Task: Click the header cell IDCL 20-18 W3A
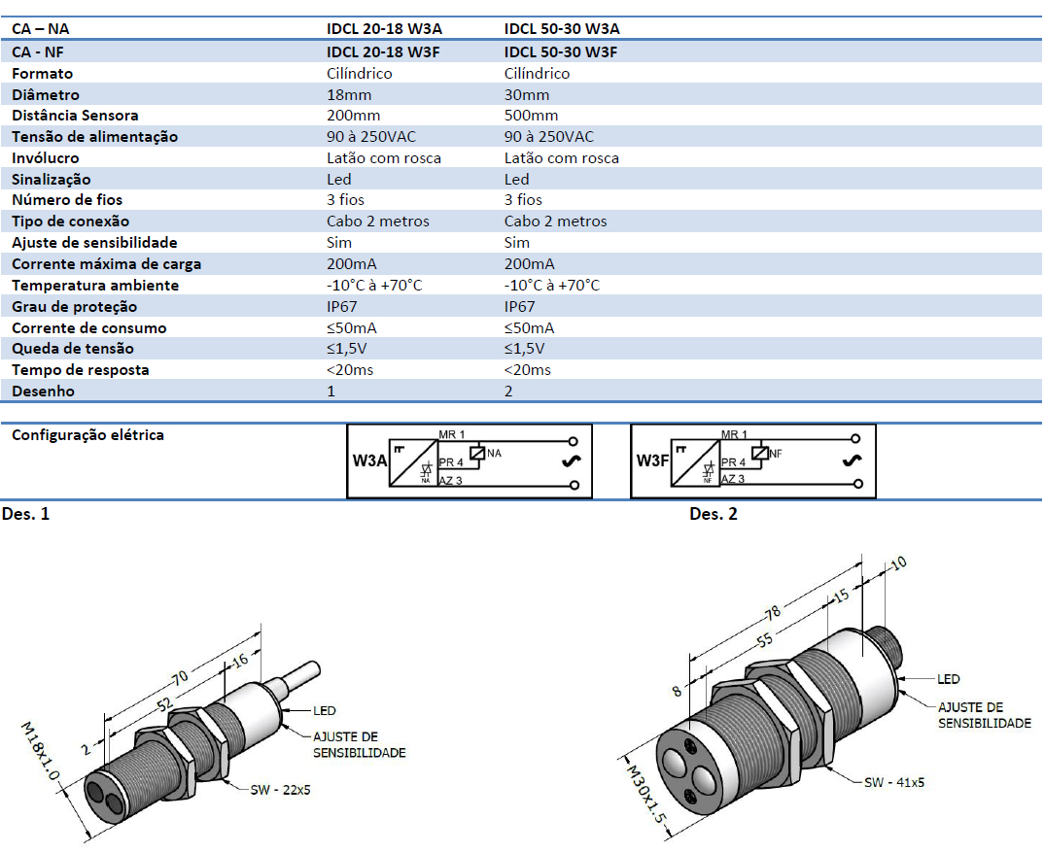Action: click(384, 29)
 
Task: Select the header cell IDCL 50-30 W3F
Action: click(561, 51)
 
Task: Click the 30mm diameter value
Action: click(527, 94)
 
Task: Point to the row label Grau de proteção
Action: click(74, 307)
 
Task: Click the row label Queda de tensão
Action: click(73, 349)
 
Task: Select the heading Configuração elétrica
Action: click(87, 435)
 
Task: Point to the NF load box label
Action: click(776, 453)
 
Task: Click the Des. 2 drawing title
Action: click(714, 514)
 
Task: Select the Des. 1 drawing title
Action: click(26, 514)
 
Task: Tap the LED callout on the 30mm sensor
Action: click(949, 679)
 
